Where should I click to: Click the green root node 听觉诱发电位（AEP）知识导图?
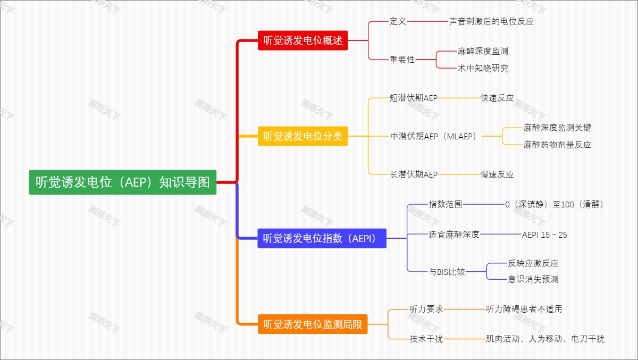123,182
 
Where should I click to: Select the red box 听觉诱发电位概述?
303,40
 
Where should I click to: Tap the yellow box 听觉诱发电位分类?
303,136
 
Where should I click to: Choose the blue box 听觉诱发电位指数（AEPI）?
322,239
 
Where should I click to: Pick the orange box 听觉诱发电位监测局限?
313,324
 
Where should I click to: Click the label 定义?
398,21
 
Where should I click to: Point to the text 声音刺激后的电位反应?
491,21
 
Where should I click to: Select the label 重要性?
402,60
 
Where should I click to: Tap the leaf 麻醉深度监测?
483,51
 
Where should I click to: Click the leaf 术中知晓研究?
483,68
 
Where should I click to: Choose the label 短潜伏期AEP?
414,98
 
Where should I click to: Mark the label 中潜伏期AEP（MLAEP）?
434,136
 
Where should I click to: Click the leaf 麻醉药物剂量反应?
557,145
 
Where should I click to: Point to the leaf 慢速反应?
497,174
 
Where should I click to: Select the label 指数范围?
446,204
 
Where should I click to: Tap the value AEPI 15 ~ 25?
544,235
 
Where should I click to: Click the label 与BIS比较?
447,272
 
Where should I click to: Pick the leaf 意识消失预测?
533,279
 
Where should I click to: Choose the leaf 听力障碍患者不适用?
524,309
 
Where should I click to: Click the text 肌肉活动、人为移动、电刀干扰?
545,339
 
